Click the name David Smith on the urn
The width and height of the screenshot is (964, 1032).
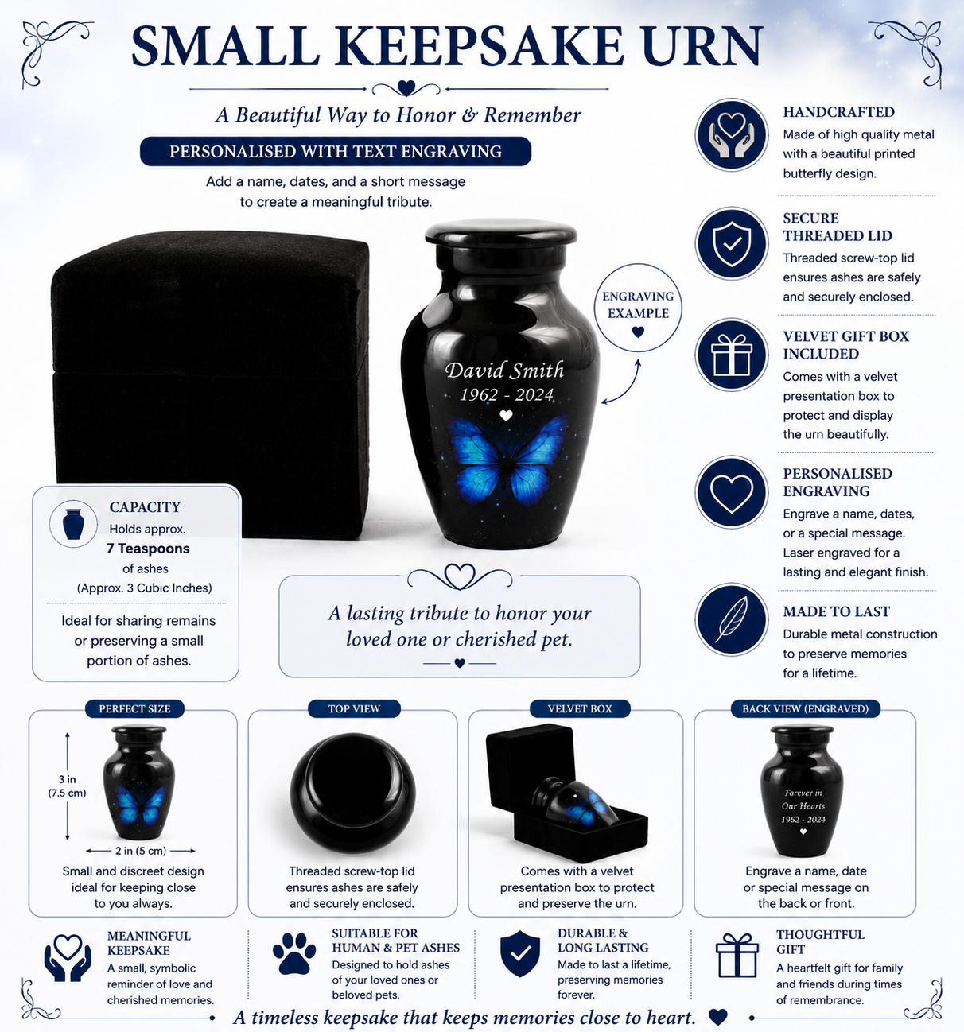[x=504, y=371]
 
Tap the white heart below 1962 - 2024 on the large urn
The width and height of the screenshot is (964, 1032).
[x=506, y=416]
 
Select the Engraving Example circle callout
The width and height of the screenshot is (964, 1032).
[x=637, y=308]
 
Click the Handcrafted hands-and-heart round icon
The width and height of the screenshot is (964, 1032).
[x=732, y=134]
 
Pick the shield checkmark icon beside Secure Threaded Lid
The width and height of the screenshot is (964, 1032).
[x=732, y=243]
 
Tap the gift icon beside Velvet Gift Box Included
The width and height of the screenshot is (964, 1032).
[x=732, y=355]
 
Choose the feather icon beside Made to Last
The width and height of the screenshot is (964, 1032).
[x=732, y=619]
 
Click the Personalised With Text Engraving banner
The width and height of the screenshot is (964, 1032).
[x=336, y=151]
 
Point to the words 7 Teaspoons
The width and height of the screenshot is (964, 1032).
[x=148, y=549]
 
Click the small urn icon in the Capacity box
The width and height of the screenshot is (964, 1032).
[x=73, y=524]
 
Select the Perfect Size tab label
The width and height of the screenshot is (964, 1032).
[x=134, y=708]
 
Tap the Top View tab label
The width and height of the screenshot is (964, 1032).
[x=354, y=708]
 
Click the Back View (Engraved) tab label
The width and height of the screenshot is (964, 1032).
[x=806, y=708]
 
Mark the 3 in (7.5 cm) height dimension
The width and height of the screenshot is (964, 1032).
[x=67, y=786]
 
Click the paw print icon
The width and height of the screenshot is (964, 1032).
[x=293, y=953]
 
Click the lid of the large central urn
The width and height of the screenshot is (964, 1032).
[x=501, y=232]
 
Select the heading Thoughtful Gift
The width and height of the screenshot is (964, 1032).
[x=820, y=941]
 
